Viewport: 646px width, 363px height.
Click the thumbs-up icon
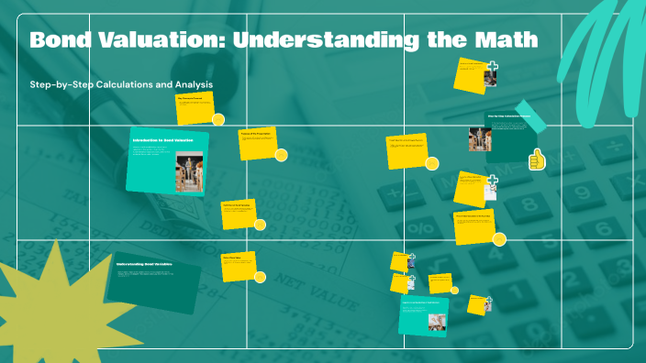537,161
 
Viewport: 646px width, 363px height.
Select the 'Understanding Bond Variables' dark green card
155,280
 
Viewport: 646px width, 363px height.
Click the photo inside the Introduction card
189,173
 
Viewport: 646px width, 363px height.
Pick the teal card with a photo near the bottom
423,316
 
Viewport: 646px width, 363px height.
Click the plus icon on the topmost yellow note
493,67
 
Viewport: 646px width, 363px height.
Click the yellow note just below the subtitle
196,106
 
